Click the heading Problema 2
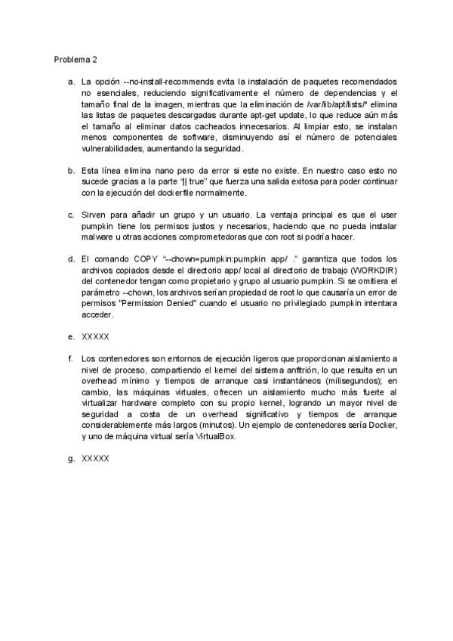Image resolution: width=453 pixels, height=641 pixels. (x=75, y=58)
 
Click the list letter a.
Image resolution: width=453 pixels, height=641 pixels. (x=70, y=80)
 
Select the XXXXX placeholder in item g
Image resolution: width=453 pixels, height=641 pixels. (x=95, y=458)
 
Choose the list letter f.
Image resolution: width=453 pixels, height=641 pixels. (x=70, y=358)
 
